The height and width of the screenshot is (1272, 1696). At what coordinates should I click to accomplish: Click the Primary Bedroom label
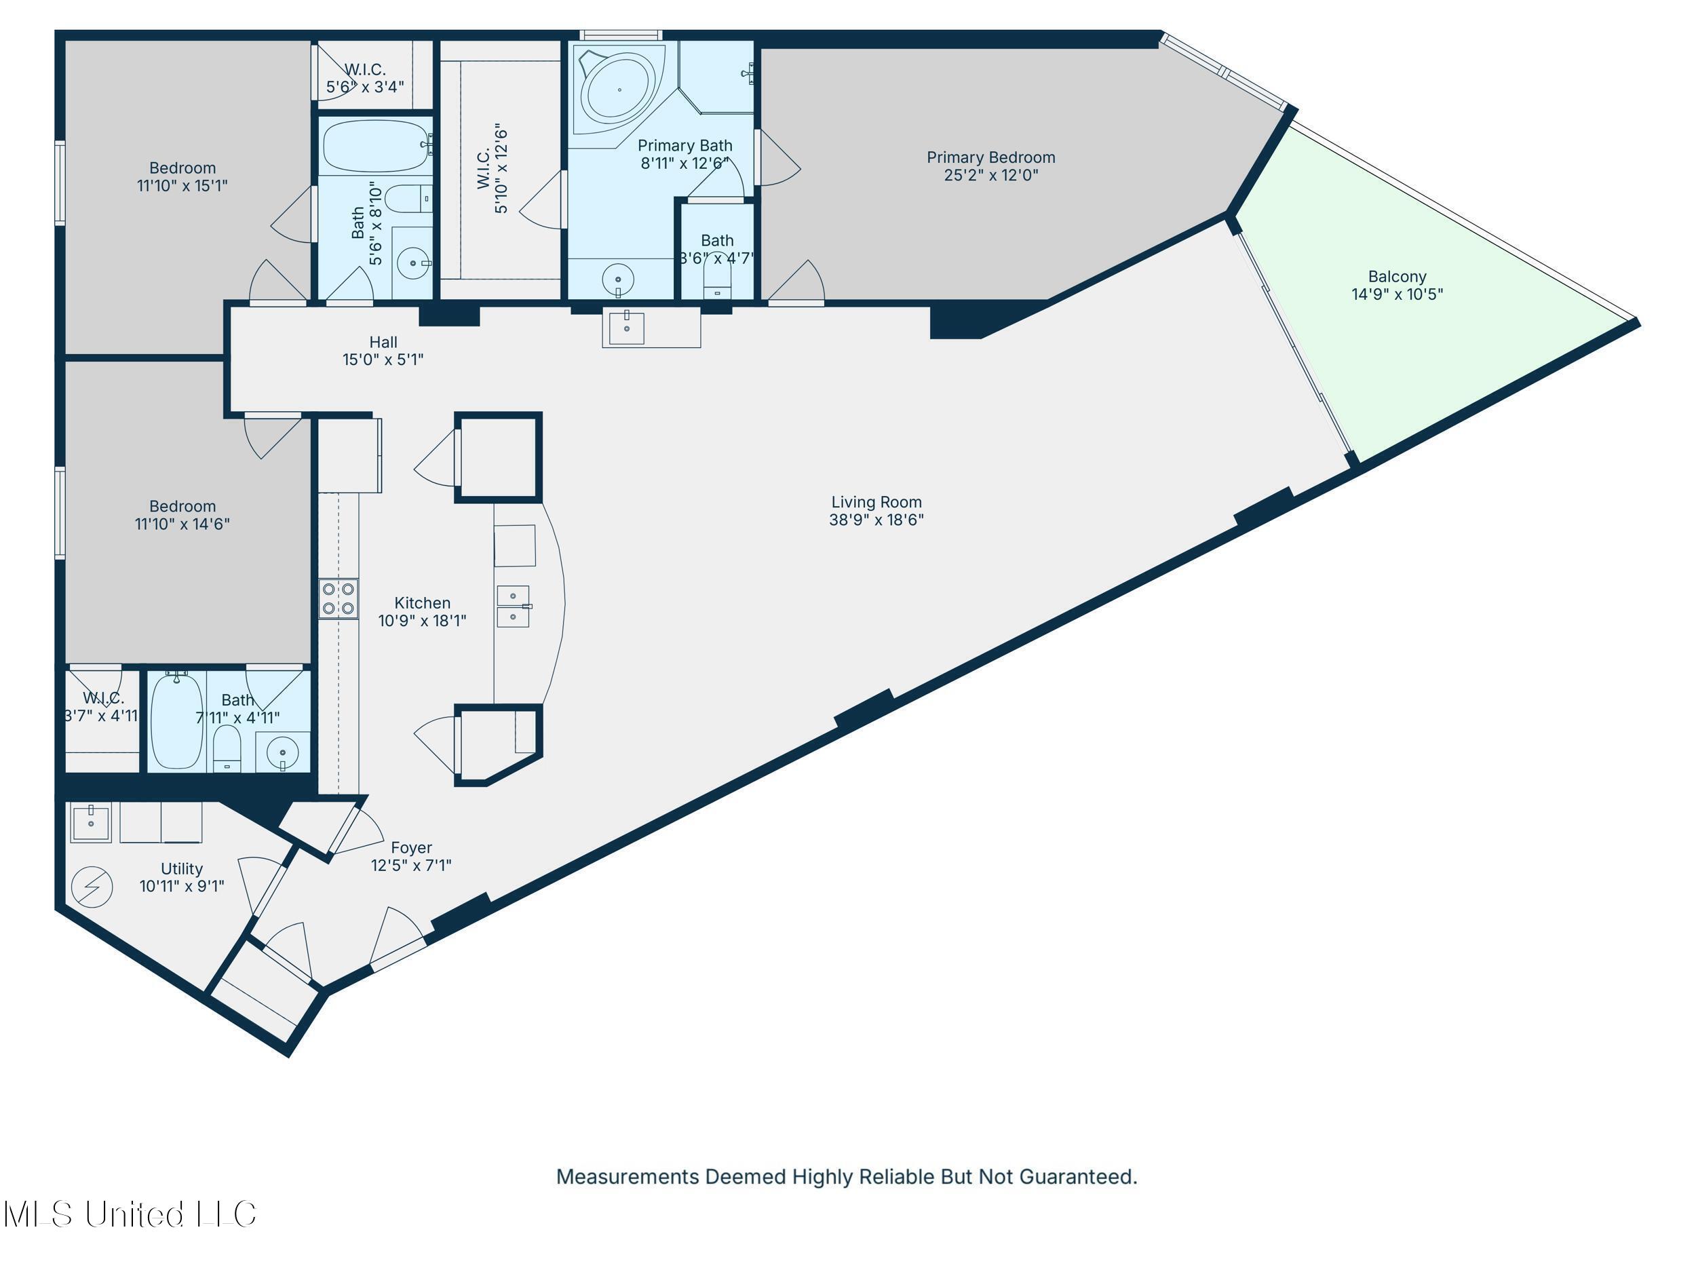990,158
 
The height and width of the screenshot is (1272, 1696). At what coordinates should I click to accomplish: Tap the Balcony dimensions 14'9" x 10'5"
1397,294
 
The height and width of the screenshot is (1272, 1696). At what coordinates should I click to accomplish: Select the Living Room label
876,502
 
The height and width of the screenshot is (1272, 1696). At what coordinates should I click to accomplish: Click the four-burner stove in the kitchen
338,599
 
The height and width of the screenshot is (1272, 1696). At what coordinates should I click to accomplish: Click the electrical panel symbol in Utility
92,887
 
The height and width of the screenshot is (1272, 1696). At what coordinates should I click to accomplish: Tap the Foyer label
411,848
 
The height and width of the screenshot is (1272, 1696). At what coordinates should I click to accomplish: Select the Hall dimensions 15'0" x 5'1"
383,360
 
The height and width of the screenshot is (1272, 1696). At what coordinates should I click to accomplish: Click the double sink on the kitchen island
513,606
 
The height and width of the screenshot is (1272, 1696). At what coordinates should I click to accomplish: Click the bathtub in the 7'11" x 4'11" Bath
177,720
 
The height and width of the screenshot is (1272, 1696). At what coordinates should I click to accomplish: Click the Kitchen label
422,603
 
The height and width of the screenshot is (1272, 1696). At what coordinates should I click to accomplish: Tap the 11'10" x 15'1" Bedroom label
182,169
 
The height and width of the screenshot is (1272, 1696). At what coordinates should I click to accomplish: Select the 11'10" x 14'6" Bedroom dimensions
182,524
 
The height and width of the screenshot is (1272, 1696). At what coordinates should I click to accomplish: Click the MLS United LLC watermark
130,1214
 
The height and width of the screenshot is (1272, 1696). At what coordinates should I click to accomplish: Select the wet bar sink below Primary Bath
626,328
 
